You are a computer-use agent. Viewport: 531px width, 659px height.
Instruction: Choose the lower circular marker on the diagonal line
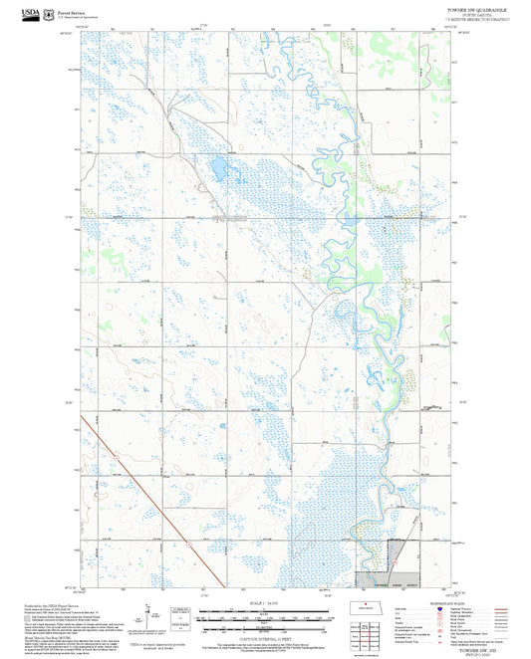coord(187,544)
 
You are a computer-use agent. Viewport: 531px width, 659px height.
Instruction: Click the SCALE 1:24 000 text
coord(265,603)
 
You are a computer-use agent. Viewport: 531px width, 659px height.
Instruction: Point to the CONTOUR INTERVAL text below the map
coord(265,638)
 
